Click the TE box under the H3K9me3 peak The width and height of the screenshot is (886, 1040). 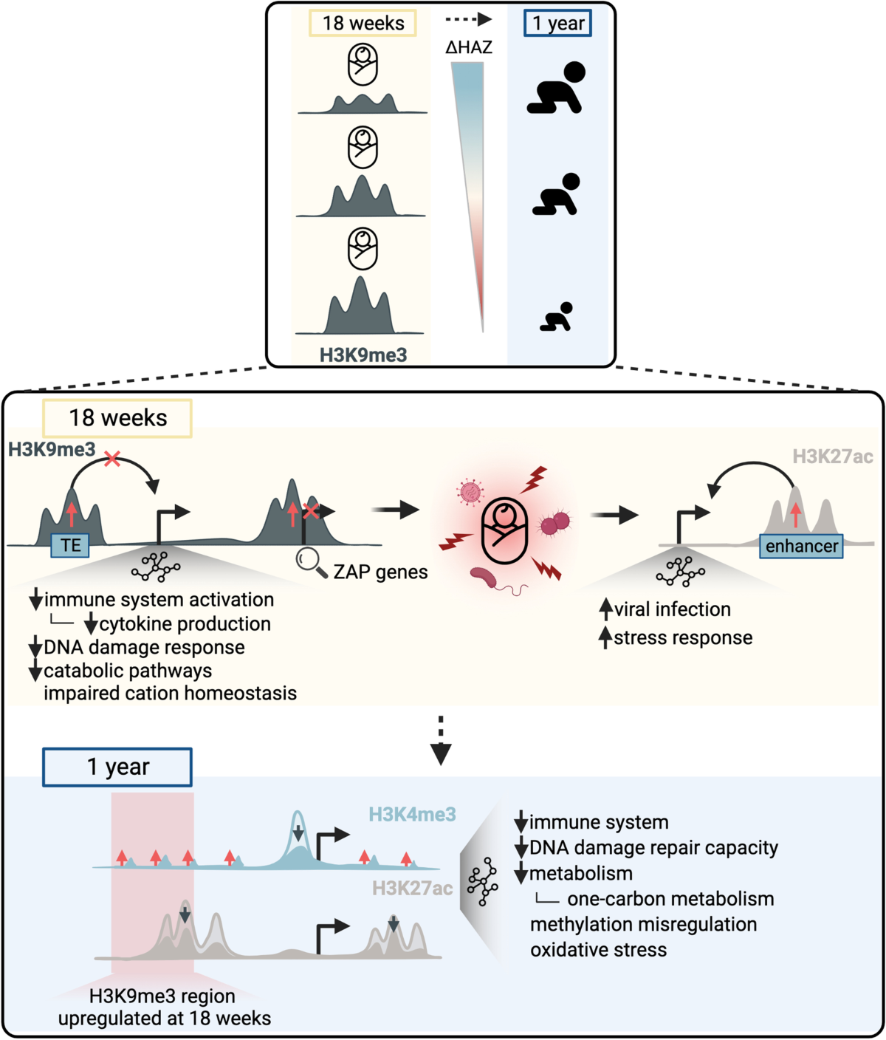71,546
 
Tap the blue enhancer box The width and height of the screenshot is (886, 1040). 801,547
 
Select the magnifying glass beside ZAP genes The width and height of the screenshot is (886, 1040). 311,563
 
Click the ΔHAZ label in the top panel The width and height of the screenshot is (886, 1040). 469,48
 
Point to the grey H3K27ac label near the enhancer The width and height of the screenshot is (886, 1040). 832,457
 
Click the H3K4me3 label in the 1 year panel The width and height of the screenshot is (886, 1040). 412,815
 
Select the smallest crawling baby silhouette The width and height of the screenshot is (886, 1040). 556,318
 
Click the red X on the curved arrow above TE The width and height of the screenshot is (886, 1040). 112,459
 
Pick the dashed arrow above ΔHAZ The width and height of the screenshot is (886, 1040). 469,20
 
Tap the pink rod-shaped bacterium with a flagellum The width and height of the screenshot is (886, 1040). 487,580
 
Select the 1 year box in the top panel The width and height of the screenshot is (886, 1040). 558,24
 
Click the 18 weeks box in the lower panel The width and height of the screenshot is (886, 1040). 118,418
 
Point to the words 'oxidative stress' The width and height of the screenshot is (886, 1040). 598,950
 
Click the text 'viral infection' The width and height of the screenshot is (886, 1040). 672,609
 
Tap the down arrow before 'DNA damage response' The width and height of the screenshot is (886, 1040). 35,649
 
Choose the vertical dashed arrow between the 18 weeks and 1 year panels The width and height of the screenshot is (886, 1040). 441,739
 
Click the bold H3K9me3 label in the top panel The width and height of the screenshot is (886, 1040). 363,355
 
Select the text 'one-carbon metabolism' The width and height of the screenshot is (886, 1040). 670,899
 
